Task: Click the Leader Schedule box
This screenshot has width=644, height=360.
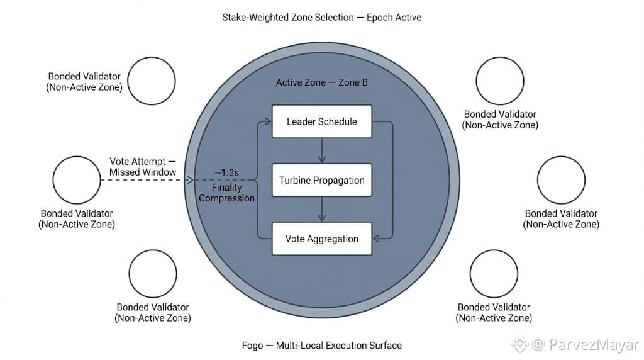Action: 321,121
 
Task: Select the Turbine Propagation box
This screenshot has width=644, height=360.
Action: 321,180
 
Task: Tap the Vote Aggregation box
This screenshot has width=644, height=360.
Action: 321,239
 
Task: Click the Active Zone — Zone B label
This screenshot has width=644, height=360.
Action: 321,82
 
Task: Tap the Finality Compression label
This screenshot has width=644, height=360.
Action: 226,193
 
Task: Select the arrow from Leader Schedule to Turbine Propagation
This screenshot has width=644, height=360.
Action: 321,150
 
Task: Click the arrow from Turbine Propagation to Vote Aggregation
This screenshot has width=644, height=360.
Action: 321,209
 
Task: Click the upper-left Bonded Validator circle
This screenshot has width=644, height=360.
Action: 152,81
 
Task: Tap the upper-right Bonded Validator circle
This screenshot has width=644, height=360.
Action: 500,80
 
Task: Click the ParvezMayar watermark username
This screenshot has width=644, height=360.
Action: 593,344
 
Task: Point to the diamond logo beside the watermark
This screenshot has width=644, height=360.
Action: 519,344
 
